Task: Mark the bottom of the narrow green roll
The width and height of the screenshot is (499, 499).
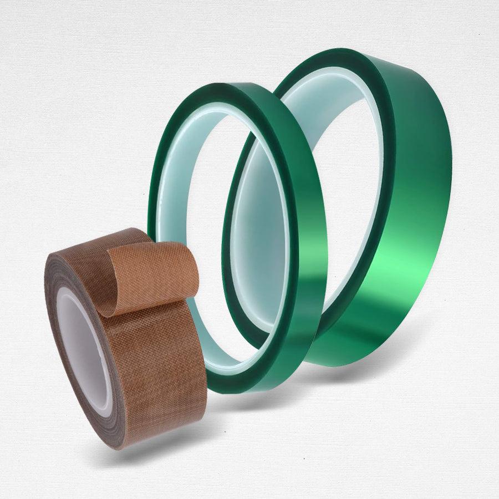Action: tap(244, 385)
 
